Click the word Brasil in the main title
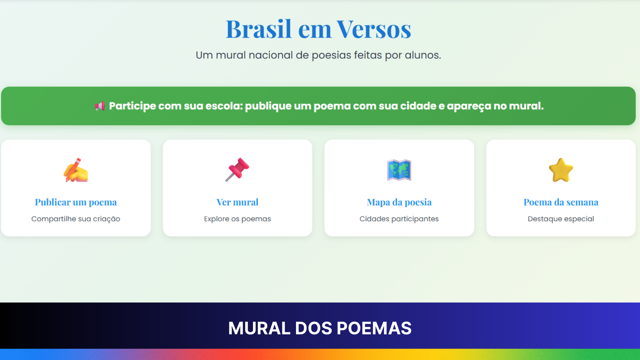coord(259,29)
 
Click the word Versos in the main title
coord(374,29)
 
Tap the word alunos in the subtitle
coord(423,55)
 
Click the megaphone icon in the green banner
coord(100,106)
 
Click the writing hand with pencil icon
coord(76,170)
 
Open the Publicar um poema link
coord(76,202)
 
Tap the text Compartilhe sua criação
coord(76,219)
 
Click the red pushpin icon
coord(237,170)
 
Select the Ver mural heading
coord(237,202)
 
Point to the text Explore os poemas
coord(237,219)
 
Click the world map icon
coord(399,170)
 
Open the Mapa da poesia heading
coord(399,202)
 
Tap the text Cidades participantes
coord(399,219)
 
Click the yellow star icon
coord(561,170)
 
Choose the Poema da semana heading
coord(561,202)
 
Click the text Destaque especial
coord(561,219)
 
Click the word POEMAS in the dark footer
coord(374,328)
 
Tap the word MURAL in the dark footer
coord(259,328)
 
